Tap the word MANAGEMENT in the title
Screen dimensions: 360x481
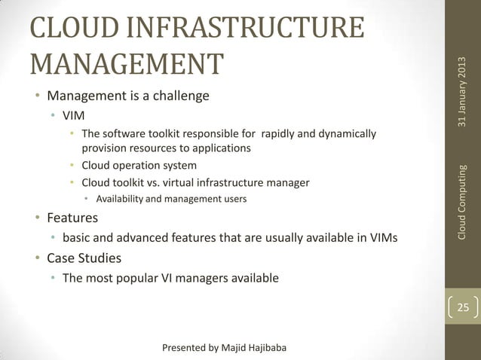pyautogui.click(x=126, y=64)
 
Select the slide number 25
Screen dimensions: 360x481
pyautogui.click(x=461, y=308)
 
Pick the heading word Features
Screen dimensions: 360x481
pyautogui.click(x=72, y=218)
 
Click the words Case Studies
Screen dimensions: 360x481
pyautogui.click(x=84, y=258)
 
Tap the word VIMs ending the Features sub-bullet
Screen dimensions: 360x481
pyautogui.click(x=381, y=239)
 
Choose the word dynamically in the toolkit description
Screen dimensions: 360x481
pyautogui.click(x=344, y=135)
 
